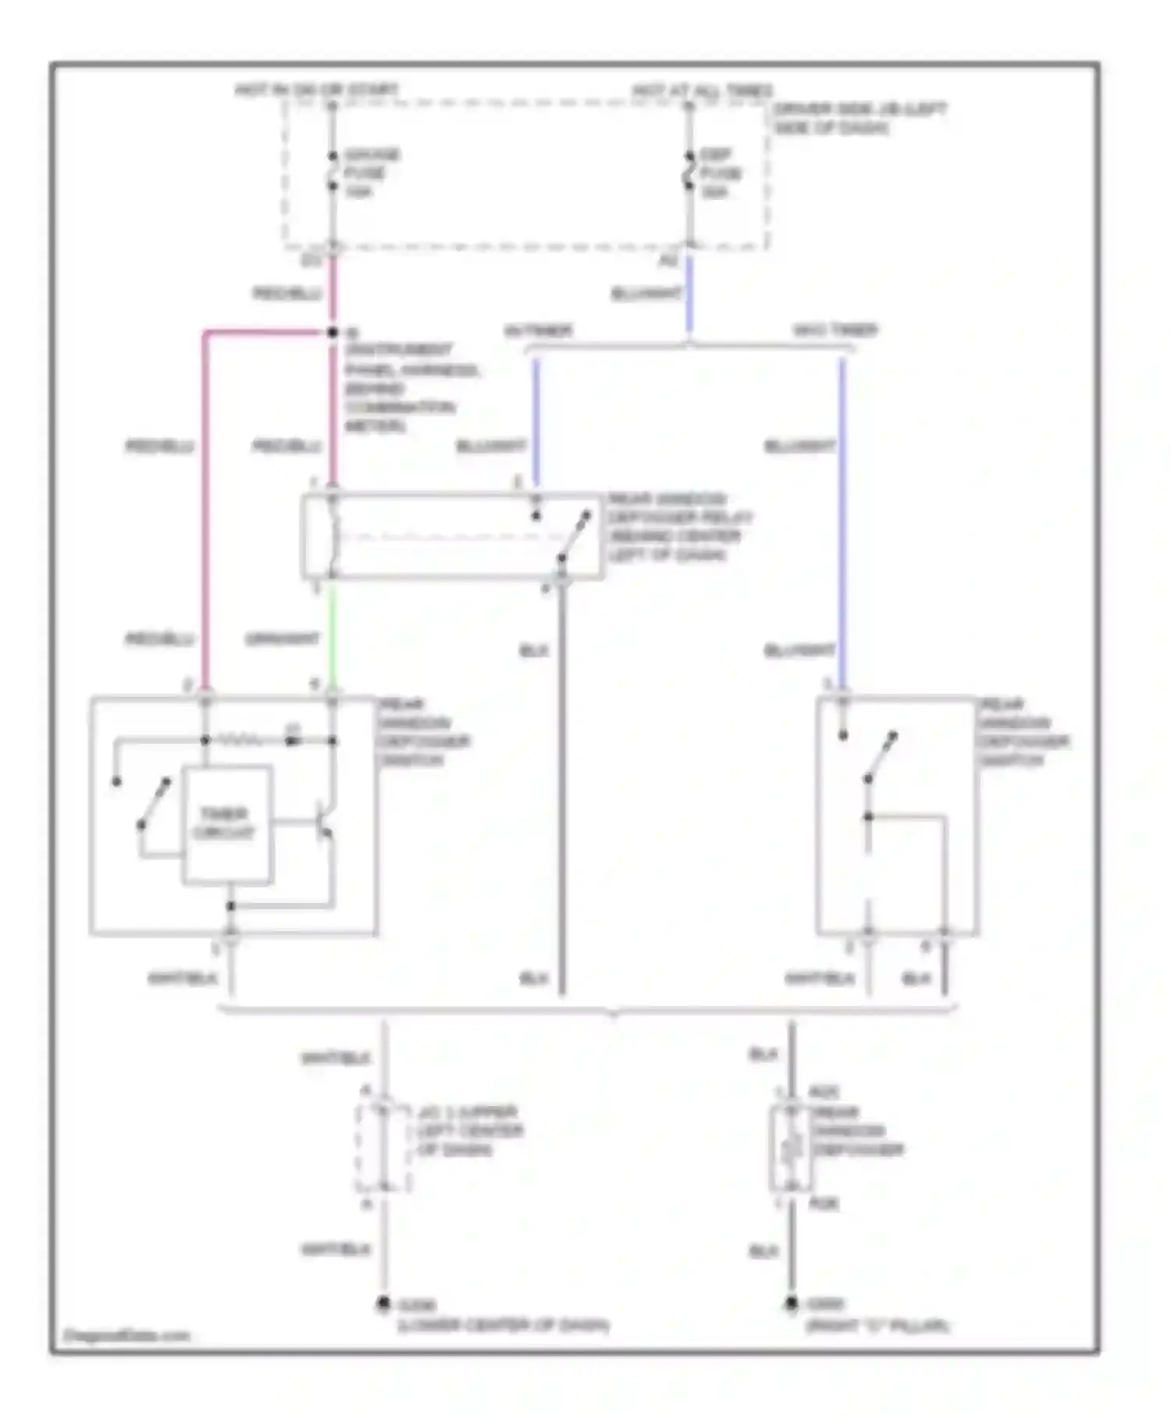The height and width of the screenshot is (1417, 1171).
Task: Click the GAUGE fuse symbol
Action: click(332, 170)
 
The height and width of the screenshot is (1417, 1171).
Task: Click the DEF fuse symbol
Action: click(689, 170)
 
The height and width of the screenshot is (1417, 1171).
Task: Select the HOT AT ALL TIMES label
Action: click(702, 91)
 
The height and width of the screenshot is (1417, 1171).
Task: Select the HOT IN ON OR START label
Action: click(316, 91)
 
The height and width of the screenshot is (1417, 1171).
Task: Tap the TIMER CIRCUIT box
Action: click(226, 825)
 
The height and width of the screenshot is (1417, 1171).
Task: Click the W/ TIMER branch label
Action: click(539, 331)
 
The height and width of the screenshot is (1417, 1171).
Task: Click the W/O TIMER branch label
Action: click(835, 331)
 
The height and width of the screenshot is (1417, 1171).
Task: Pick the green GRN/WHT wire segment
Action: click(333, 637)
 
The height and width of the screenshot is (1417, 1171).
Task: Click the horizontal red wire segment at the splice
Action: click(265, 334)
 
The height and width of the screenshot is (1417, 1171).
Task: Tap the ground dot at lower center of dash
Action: click(383, 1304)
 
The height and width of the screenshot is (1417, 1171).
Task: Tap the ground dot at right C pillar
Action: click(791, 1303)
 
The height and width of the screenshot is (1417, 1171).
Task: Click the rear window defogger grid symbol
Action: click(790, 1148)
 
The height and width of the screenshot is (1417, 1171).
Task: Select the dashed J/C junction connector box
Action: click(383, 1148)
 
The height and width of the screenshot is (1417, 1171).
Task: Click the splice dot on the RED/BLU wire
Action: click(333, 333)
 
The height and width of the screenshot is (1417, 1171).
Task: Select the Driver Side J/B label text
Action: click(859, 118)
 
